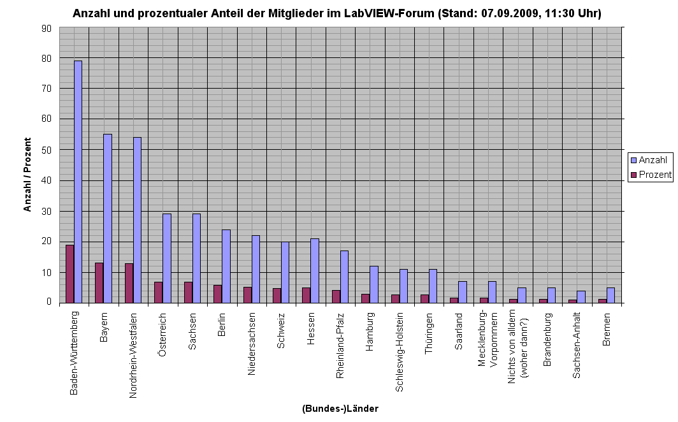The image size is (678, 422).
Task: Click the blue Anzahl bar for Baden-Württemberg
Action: pyautogui.click(x=78, y=182)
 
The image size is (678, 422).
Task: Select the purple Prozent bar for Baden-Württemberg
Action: pyautogui.click(x=69, y=273)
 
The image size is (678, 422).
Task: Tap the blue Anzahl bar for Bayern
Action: pyautogui.click(x=108, y=218)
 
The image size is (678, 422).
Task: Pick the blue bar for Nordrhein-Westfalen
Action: pyautogui.click(x=137, y=220)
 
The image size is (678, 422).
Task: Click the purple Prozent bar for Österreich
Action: pyautogui.click(x=158, y=292)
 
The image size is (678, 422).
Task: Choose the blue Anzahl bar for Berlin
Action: pyautogui.click(x=226, y=266)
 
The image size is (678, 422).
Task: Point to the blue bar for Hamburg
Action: pyautogui.click(x=374, y=284)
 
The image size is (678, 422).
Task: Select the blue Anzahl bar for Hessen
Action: pyautogui.click(x=315, y=270)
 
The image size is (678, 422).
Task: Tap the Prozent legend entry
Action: pyautogui.click(x=651, y=175)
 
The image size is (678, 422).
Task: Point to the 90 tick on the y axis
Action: pyautogui.click(x=46, y=28)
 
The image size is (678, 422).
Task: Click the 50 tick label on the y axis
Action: pyautogui.click(x=46, y=150)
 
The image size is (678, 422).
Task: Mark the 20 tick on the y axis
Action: pyautogui.click(x=46, y=242)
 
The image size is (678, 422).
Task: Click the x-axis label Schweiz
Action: pyautogui.click(x=281, y=330)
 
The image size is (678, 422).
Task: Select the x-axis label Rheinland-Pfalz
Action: pyautogui.click(x=340, y=345)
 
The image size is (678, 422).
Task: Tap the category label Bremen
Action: pyautogui.click(x=607, y=330)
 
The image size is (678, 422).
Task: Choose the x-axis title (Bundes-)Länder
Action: pyautogui.click(x=340, y=409)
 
